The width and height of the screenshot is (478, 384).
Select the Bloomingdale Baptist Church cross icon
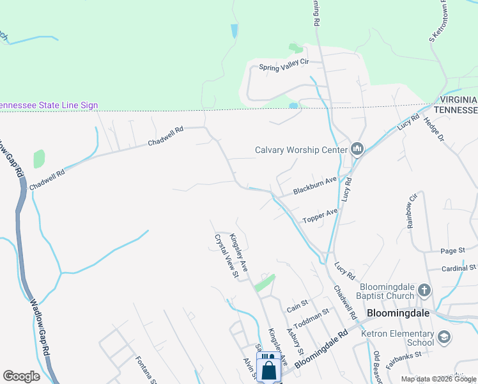tap(424, 292)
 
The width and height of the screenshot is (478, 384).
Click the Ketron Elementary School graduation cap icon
tap(444, 337)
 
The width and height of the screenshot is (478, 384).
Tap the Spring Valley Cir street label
tap(284, 65)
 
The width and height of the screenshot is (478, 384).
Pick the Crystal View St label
tap(226, 255)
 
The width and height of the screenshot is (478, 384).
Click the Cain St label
tap(297, 303)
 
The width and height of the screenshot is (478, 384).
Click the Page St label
tap(452, 251)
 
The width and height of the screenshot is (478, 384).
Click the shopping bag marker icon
tap(269, 369)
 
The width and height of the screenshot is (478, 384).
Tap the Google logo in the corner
tap(21, 376)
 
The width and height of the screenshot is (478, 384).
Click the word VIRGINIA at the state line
tap(457, 100)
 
